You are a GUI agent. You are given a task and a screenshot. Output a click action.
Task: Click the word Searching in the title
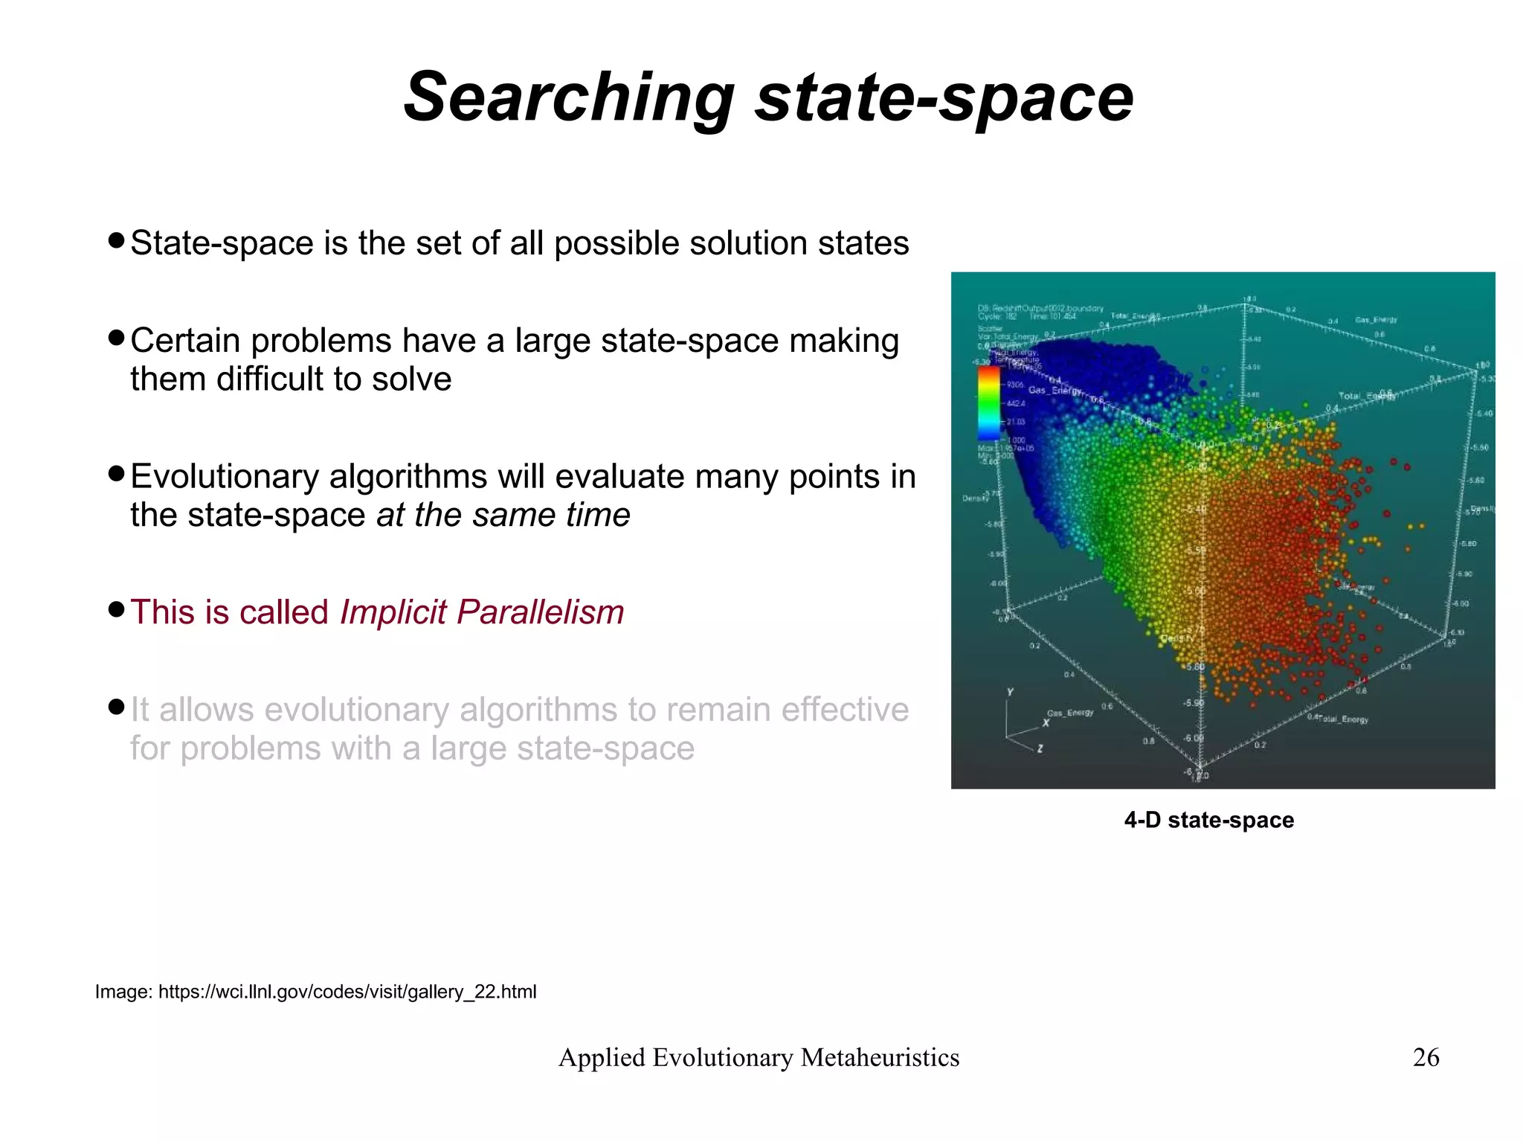[569, 97]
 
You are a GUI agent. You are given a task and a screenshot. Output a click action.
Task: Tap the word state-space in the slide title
[944, 97]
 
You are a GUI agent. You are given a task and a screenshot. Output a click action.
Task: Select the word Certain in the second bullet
[186, 341]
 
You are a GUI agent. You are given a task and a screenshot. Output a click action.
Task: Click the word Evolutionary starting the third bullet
[224, 477]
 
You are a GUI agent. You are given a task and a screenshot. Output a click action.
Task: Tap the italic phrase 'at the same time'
[503, 515]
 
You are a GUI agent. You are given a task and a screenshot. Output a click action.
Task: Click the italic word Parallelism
[540, 612]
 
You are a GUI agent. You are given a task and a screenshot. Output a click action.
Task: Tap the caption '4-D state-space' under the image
[1208, 820]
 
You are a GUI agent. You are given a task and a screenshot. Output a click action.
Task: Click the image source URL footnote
[315, 992]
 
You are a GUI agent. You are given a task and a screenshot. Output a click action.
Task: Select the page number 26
[1426, 1057]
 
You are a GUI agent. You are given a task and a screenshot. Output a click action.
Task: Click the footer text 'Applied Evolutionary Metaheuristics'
[759, 1057]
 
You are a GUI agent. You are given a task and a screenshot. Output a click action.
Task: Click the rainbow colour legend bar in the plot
[988, 402]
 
